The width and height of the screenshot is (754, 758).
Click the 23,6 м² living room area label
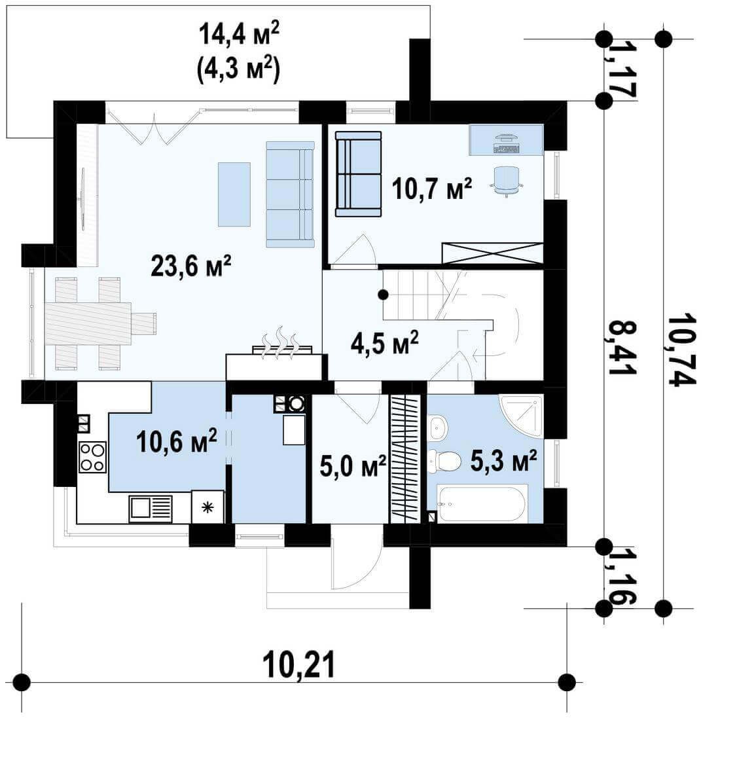tap(190, 265)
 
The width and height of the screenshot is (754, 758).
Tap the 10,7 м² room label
tap(431, 188)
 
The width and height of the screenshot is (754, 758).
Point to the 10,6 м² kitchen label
tap(177, 441)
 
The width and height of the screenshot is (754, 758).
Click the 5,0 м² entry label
tap(353, 465)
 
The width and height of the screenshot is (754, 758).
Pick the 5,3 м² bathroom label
tap(503, 460)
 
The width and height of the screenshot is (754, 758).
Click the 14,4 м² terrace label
tap(239, 34)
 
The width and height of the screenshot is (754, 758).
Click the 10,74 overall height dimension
tap(681, 350)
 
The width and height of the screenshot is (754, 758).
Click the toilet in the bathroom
tap(444, 461)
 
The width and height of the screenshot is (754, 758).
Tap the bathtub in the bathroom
tap(482, 504)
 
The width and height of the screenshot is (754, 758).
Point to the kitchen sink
tap(151, 508)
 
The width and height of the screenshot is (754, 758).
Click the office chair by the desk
tap(507, 181)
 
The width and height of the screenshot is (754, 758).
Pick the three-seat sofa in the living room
tap(290, 194)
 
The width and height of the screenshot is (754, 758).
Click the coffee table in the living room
tap(234, 194)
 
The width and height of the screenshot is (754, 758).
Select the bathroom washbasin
tap(439, 427)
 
